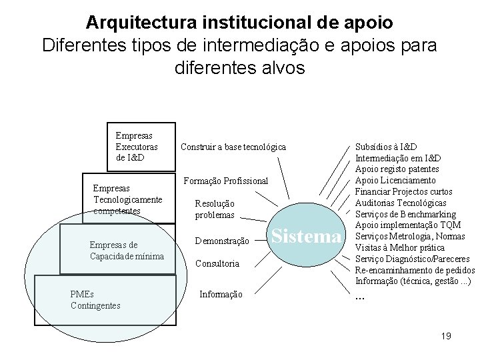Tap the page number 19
446,335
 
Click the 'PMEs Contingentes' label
95,300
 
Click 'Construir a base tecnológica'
233,147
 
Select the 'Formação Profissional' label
225,181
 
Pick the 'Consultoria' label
217,264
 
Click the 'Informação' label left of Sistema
222,294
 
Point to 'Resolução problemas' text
215,209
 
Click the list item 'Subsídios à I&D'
387,147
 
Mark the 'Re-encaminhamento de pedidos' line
415,271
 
